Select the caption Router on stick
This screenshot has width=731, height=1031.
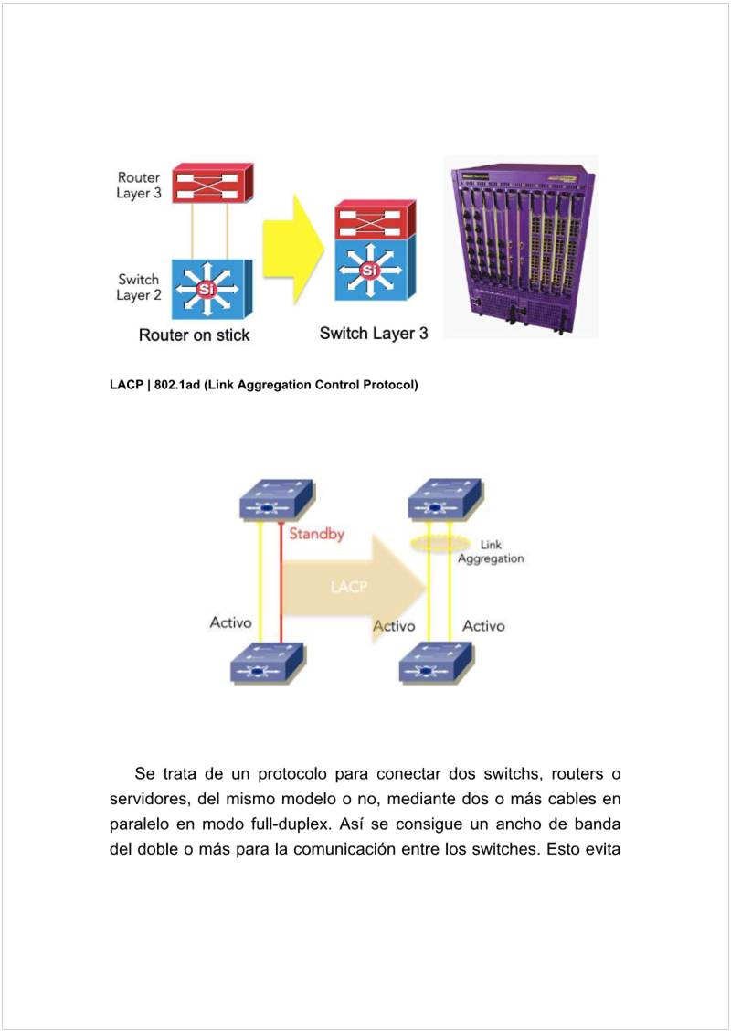coord(194,335)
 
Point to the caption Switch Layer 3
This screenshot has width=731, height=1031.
coord(374,334)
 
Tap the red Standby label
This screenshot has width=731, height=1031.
coord(316,534)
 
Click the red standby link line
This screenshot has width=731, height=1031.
coord(281,585)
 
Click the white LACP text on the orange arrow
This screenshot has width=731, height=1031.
coord(349,587)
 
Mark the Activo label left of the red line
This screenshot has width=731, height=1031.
coord(230,624)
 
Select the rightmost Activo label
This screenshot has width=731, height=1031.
coord(483,626)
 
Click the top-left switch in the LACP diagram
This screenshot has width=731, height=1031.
coord(276,500)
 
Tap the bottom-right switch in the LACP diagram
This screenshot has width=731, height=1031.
coord(437,664)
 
